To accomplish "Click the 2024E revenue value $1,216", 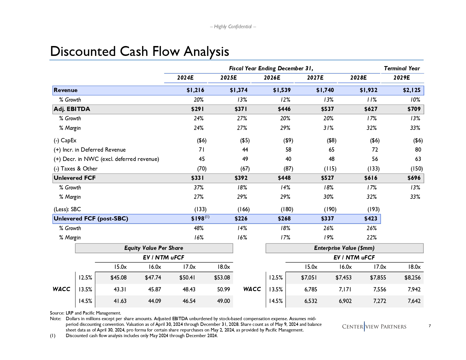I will (x=195, y=90).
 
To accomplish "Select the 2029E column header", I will (x=401, y=78).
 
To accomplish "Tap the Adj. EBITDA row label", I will (x=72, y=109).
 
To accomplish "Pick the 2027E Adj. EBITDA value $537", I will (x=327, y=109).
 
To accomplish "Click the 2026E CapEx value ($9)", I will (x=288, y=141).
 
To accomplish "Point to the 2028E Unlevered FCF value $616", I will (x=371, y=178).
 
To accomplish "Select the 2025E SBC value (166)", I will (x=243, y=210).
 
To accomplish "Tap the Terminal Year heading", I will (x=402, y=69).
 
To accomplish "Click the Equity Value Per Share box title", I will (x=154, y=248).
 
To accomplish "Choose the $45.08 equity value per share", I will (x=118, y=278).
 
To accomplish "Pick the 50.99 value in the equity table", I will (x=223, y=290).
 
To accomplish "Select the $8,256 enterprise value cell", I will (x=412, y=278).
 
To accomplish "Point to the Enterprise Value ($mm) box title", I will (x=344, y=248).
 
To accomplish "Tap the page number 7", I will (x=430, y=326).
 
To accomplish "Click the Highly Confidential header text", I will (x=233, y=27).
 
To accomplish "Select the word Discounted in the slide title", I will (x=83, y=52).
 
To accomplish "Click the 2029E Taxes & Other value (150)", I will (x=417, y=169).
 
